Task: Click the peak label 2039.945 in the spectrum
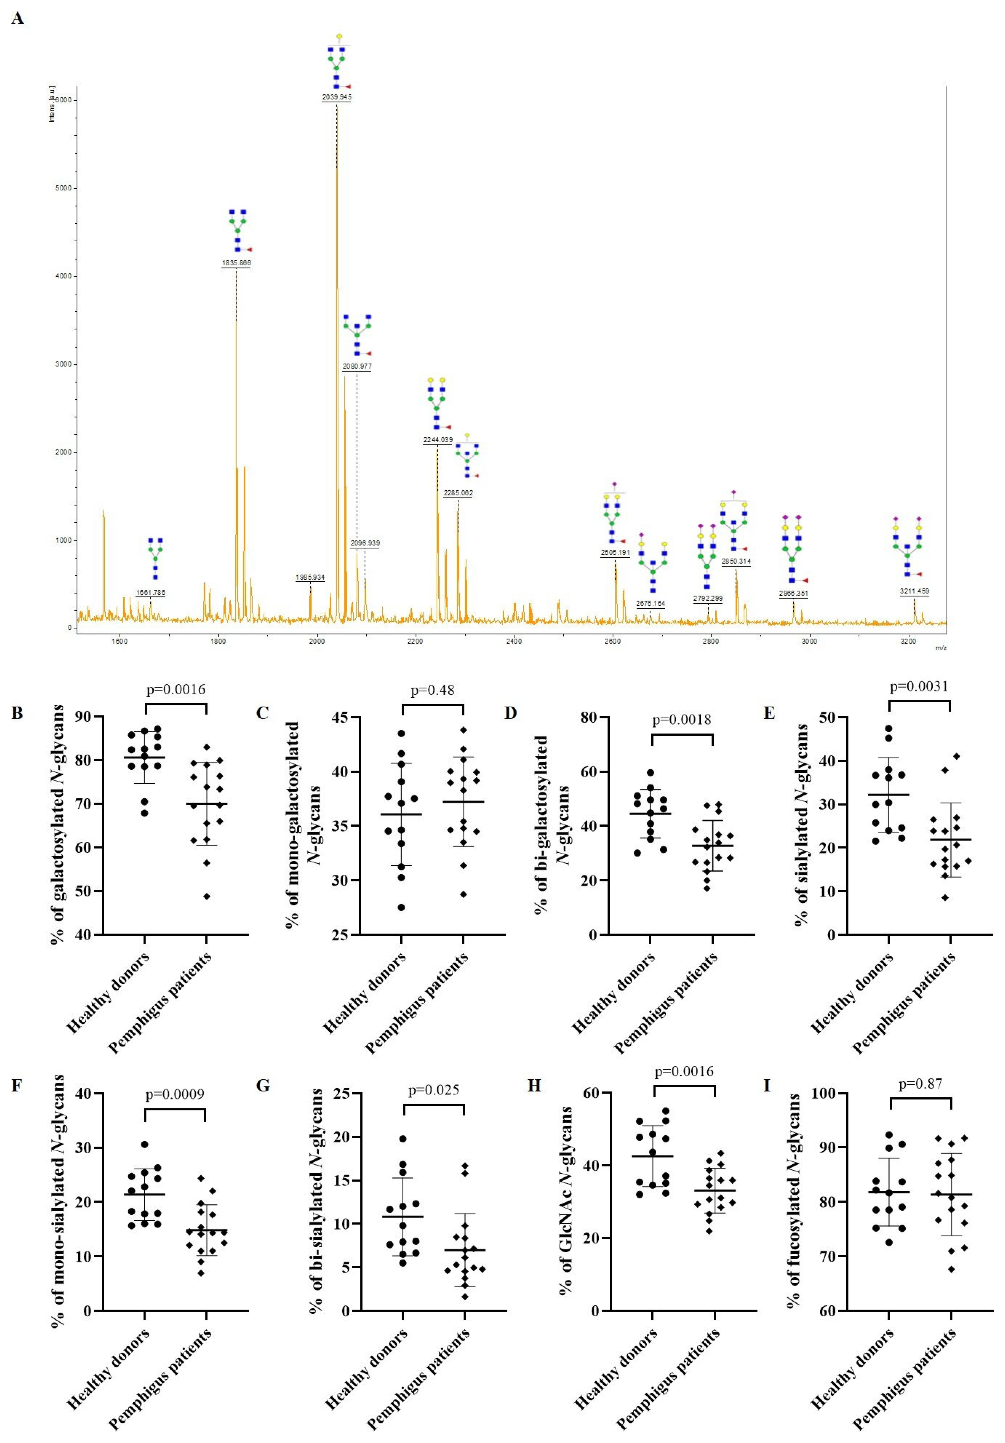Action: click(x=336, y=97)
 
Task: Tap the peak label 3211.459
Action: click(x=914, y=591)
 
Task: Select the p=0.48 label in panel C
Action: click(x=432, y=691)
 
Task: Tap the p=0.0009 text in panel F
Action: click(x=175, y=1095)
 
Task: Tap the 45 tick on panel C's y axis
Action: click(x=342, y=717)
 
